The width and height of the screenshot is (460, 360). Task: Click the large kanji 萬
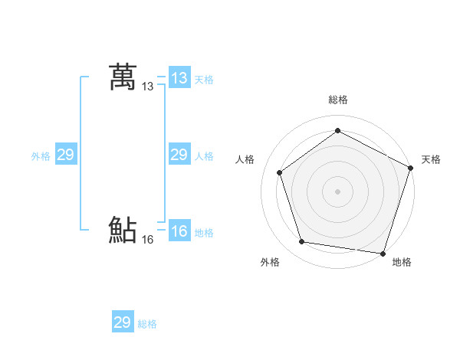pos(123,77)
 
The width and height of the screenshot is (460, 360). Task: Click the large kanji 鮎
pos(123,230)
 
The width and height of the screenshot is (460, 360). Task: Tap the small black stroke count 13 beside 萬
pos(148,87)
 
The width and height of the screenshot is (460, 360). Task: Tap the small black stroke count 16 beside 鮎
pos(148,240)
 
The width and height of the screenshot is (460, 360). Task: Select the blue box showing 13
pos(179,78)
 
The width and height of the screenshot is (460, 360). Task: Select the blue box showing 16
pos(179,231)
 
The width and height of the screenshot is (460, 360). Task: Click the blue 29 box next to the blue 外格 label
pos(65,155)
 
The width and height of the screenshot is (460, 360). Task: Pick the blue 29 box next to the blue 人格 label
pos(179,155)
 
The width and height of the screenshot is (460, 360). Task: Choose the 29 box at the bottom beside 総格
pos(123,322)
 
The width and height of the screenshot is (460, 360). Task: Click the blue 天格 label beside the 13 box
pos(204,80)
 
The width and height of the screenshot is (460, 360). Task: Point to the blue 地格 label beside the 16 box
pos(204,233)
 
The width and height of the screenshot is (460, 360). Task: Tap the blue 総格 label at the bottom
pos(147,324)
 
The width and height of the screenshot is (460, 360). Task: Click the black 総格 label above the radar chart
pos(338,100)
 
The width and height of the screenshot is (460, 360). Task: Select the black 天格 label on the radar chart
pos(432,159)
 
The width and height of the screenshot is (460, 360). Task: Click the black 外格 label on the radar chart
pos(270,262)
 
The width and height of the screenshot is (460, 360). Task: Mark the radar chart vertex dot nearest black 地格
pos(382,252)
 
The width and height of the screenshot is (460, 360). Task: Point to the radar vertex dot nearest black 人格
pos(280,172)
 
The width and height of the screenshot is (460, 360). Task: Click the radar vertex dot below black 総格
pos(337,131)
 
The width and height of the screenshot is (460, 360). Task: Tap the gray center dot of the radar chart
pos(337,191)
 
